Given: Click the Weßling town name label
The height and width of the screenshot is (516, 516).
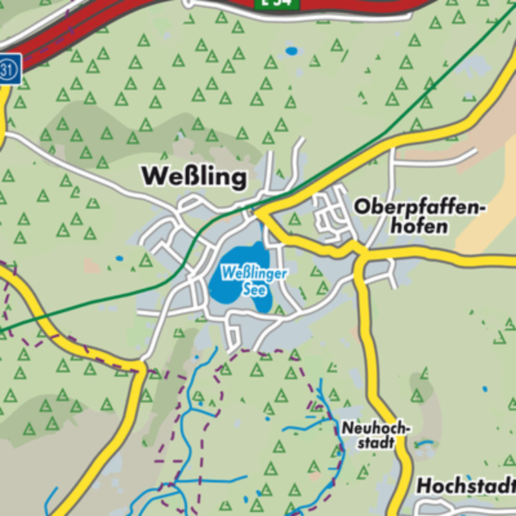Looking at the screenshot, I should (193, 177).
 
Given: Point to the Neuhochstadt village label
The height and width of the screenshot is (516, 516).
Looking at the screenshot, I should (376, 436).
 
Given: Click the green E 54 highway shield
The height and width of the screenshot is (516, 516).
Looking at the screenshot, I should (278, 3).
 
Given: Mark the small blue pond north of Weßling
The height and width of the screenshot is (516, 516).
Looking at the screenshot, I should (292, 51).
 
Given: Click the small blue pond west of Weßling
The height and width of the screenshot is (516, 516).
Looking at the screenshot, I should (119, 259).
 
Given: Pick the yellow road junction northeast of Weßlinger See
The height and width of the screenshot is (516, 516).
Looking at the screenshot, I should (259, 213).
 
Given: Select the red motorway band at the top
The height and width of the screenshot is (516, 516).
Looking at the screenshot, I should (103, 28).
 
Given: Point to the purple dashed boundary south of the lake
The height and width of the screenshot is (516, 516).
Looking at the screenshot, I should (275, 352).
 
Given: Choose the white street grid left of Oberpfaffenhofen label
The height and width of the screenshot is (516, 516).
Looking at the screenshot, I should (330, 213).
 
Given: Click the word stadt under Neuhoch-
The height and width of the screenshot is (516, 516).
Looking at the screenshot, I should (376, 442).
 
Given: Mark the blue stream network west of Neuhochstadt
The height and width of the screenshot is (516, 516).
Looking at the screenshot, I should (310, 427).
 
